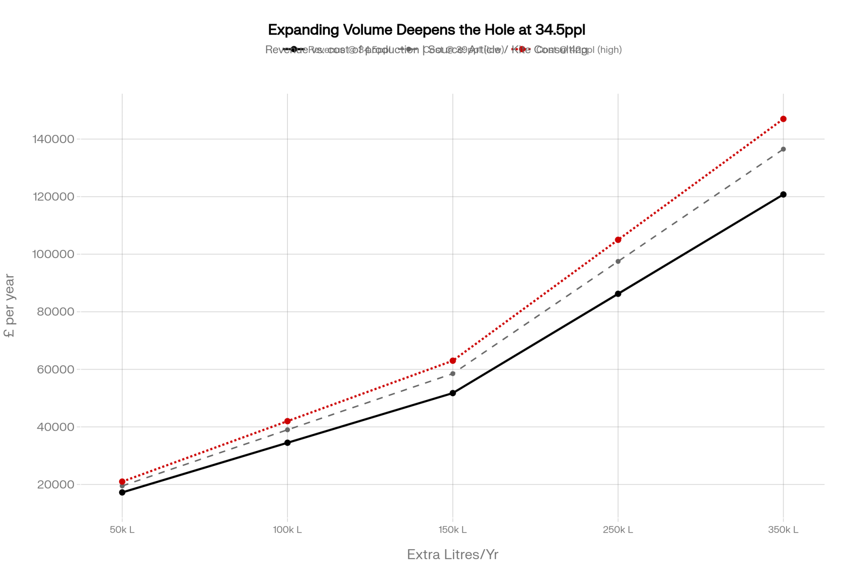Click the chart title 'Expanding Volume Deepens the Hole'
pyautogui.click(x=426, y=30)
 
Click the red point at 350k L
pyautogui.click(x=783, y=119)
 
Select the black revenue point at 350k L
pyautogui.click(x=783, y=195)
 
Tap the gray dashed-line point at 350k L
pyautogui.click(x=783, y=149)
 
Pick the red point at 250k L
pyautogui.click(x=618, y=240)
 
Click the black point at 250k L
pyautogui.click(x=618, y=294)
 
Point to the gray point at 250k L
pyautogui.click(x=618, y=261)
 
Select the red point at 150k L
pyautogui.click(x=453, y=361)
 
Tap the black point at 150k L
pyautogui.click(x=453, y=393)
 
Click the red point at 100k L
pyautogui.click(x=287, y=421)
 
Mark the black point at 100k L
pyautogui.click(x=287, y=443)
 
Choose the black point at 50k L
pyautogui.click(x=122, y=492)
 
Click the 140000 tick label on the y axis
pyautogui.click(x=53, y=139)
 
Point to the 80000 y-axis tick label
pyautogui.click(x=55, y=312)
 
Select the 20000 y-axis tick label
pyautogui.click(x=55, y=484)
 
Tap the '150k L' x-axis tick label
pyautogui.click(x=453, y=530)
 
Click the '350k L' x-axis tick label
pyautogui.click(x=783, y=530)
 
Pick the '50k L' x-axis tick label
pyautogui.click(x=122, y=530)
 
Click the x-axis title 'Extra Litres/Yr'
pyautogui.click(x=453, y=554)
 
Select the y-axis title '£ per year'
pyautogui.click(x=9, y=306)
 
